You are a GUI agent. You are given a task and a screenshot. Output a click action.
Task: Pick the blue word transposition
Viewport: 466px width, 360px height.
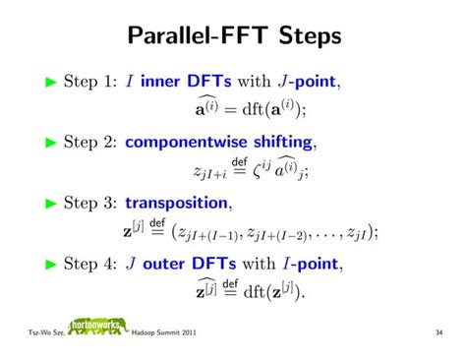[x=178, y=205]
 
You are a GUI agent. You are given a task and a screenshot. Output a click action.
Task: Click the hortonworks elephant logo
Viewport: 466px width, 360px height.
[x=97, y=331]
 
